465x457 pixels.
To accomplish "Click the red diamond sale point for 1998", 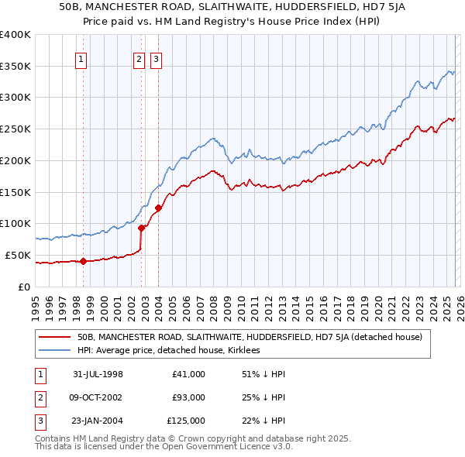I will tap(84, 261).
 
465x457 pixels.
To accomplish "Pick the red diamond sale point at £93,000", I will tap(141, 228).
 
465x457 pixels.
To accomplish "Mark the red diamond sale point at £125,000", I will tap(158, 208).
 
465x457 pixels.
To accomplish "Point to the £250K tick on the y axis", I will tap(15, 129).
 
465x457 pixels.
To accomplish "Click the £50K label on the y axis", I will tap(18, 255).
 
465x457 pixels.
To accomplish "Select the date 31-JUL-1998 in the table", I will tap(98, 374).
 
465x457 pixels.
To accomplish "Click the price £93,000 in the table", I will tap(188, 397).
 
